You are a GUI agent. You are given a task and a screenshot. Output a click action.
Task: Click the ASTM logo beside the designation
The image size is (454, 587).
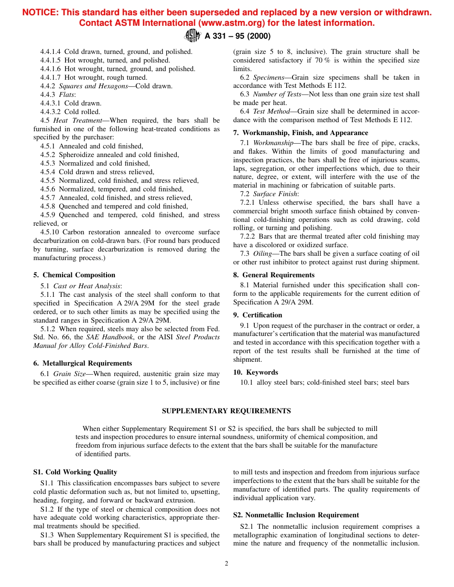click(x=192, y=35)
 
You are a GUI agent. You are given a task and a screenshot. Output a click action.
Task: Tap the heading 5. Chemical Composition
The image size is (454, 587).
click(x=75, y=275)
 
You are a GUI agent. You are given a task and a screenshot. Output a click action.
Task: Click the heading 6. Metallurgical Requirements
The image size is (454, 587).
click(x=83, y=364)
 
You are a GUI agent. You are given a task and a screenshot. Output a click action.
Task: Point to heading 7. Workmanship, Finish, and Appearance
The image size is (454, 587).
click(x=301, y=133)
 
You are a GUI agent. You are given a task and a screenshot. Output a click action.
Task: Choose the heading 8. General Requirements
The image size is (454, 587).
click(x=274, y=275)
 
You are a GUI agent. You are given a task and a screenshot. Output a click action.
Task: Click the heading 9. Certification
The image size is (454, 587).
click(x=258, y=315)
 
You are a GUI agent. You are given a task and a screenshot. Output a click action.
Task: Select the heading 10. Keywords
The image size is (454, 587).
click(x=256, y=372)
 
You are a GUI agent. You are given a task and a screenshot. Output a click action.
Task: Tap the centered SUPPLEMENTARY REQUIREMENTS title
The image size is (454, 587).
click(x=227, y=411)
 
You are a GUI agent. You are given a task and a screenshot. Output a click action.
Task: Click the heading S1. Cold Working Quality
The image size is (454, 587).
click(x=75, y=472)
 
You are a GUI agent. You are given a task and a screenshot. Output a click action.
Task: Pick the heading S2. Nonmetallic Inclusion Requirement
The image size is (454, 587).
click(x=296, y=515)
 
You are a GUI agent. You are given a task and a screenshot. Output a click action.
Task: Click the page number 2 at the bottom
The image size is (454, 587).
click(x=227, y=563)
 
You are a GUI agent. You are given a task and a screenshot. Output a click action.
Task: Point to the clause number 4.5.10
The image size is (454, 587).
click(x=50, y=232)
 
